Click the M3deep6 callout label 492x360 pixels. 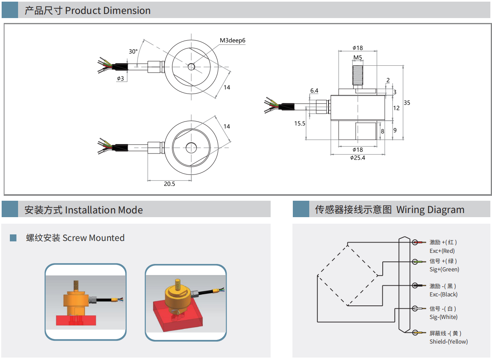coord(232,40)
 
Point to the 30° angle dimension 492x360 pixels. coord(133,52)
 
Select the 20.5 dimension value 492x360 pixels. coord(169,184)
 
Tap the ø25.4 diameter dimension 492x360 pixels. coord(357,158)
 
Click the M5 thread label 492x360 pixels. coord(357,57)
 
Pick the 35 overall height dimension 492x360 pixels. coord(407,103)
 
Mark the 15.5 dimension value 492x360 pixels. coord(300,123)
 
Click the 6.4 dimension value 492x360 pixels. coord(314,91)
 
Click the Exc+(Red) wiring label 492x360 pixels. coord(442,251)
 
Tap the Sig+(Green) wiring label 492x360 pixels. coord(444,269)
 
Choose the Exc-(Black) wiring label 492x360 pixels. coord(443,294)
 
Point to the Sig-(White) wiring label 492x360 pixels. coord(443,317)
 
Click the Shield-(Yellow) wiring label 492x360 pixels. coord(448,342)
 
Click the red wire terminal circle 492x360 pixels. coord(415,242)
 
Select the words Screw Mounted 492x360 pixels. coord(93,238)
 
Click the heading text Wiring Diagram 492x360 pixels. coord(430,210)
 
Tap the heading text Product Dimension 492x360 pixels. coord(108,11)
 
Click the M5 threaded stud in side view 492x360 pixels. coord(357,73)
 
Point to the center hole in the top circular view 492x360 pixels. coord(191,67)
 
